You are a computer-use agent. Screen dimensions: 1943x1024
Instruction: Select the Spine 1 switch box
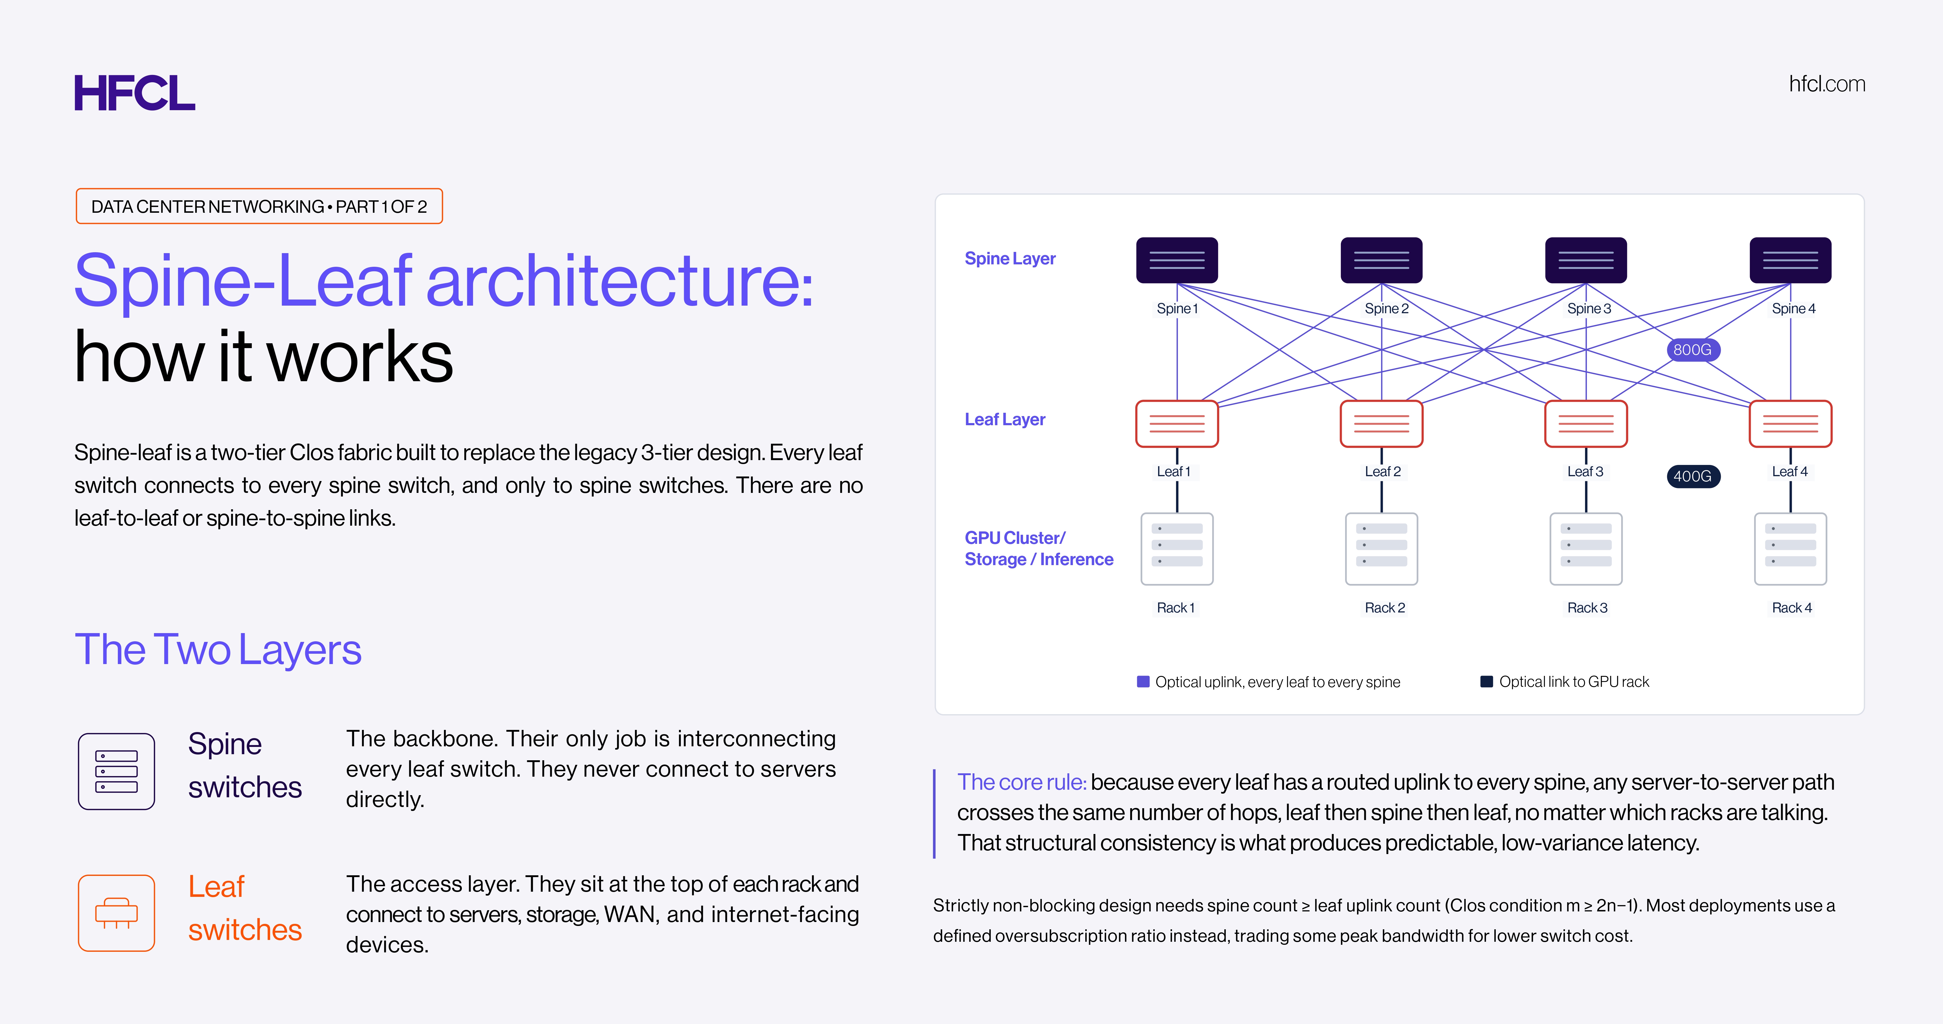click(1177, 260)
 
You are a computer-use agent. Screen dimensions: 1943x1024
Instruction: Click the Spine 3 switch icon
click(1586, 260)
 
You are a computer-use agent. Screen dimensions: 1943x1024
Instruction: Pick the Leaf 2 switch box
click(1381, 424)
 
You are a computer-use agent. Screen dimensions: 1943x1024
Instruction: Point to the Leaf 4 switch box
click(1790, 424)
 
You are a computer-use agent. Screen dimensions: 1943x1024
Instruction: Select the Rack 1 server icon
click(1177, 549)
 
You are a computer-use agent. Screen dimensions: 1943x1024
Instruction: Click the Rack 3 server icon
click(1586, 549)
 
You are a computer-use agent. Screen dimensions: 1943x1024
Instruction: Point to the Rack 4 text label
click(1791, 608)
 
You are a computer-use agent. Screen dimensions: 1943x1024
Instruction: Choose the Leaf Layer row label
click(1005, 419)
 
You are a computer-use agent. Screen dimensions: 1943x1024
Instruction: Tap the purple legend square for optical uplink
click(1143, 682)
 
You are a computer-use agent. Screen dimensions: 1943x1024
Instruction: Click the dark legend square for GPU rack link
click(1487, 682)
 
